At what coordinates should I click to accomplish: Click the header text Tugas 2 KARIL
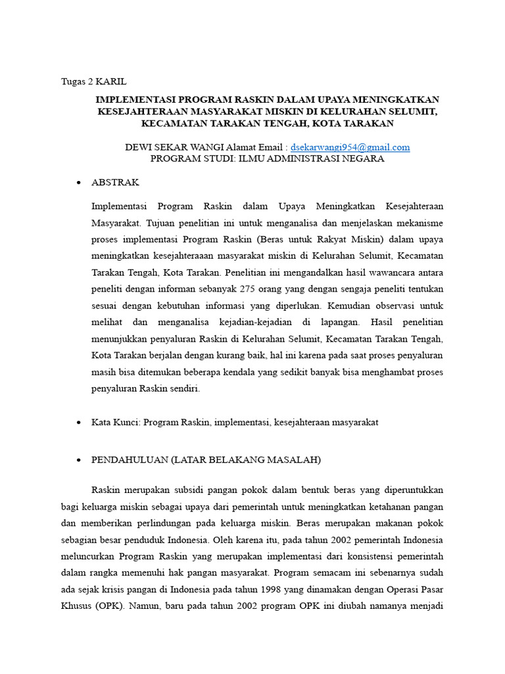(x=93, y=82)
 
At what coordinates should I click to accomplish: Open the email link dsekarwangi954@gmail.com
(x=354, y=147)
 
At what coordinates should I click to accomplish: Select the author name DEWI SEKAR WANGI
(x=170, y=147)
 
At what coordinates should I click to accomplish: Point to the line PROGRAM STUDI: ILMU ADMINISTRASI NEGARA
(x=267, y=159)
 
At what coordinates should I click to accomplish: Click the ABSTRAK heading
(x=115, y=182)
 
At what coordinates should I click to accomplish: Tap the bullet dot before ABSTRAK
(x=79, y=182)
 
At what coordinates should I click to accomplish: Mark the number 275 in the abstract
(x=264, y=288)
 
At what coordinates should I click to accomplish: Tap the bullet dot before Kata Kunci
(x=79, y=422)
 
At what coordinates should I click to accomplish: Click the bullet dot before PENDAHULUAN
(x=79, y=461)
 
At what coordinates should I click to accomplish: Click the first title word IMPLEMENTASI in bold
(x=135, y=99)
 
